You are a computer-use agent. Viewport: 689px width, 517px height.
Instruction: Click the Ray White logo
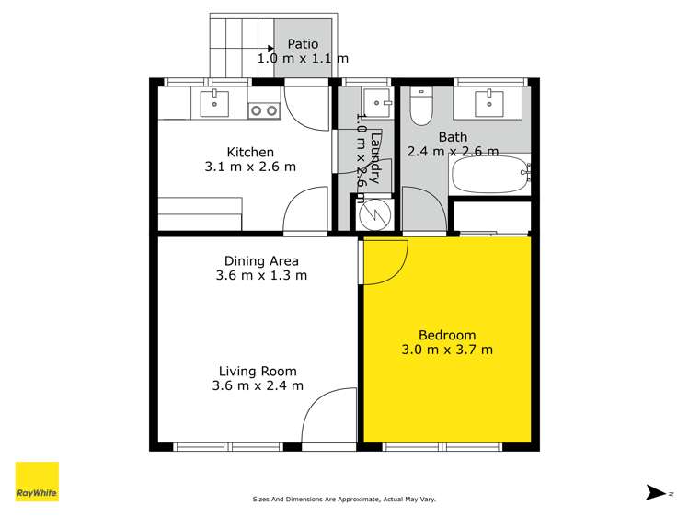coord(37,482)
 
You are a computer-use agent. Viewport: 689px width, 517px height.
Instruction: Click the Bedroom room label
coord(446,335)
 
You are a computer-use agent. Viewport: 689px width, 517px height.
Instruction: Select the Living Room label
coord(257,371)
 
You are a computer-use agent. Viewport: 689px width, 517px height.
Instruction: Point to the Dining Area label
coord(261,261)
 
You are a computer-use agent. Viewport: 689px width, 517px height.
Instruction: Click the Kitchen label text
coord(251,152)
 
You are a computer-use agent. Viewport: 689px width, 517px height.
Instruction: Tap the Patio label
coord(303,43)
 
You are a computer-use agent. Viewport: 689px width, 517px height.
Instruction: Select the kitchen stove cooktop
coord(265,110)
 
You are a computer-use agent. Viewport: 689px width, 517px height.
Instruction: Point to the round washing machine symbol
coord(374,215)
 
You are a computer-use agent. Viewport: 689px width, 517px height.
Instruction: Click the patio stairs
coord(242,46)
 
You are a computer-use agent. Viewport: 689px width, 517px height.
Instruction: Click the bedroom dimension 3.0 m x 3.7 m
coord(447,350)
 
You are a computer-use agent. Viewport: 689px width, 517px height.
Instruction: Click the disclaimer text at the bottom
coord(344,500)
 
